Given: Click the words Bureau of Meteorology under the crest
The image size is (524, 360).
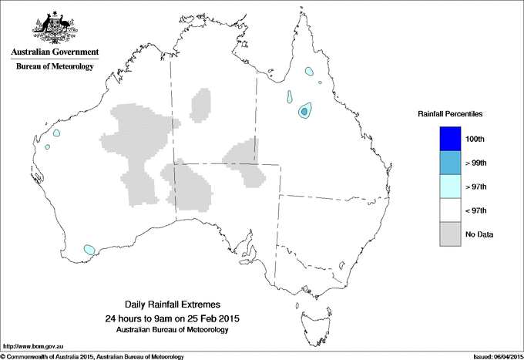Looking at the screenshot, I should [x=54, y=67].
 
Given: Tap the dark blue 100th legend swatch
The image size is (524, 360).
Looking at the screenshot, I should [x=448, y=139].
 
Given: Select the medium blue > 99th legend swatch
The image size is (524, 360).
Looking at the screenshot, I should [x=448, y=163].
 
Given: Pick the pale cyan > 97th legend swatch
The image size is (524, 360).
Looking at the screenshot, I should [x=448, y=187].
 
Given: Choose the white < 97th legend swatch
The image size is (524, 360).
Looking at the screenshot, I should [x=448, y=210].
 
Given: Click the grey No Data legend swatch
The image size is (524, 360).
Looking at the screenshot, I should [x=448, y=234].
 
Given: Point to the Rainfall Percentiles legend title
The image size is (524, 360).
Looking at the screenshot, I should [x=450, y=114].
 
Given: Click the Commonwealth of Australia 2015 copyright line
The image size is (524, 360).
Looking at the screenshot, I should [x=92, y=356].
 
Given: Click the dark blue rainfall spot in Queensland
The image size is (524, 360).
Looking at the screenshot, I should [x=304, y=112].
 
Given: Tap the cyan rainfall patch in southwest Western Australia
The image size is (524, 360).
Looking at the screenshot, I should [x=89, y=250].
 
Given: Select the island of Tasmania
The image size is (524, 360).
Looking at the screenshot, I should [x=307, y=315].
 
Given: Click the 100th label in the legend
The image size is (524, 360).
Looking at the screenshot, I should [x=475, y=139].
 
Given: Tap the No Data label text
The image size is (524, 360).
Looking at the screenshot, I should [x=479, y=234].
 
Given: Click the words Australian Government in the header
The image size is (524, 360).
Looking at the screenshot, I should [x=54, y=53].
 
